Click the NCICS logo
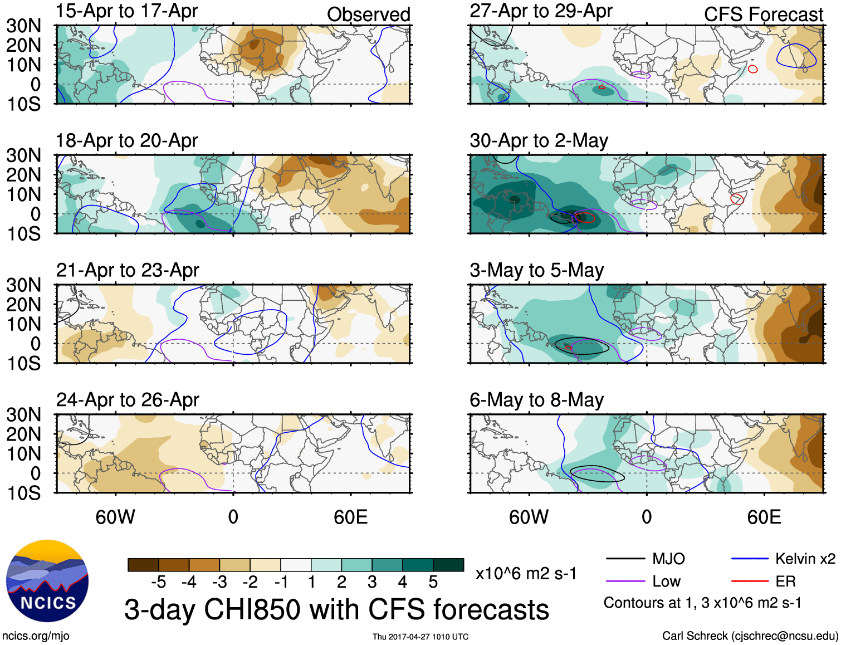tap(47, 581)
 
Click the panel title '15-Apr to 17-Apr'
tap(126, 11)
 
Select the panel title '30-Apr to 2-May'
tap(539, 141)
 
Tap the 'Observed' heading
tap(368, 14)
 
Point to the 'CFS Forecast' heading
tap(763, 14)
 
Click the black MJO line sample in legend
tap(625, 559)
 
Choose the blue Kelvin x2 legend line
tap(750, 559)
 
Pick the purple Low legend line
tap(625, 582)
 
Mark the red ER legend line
tap(750, 582)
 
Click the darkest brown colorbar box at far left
tap(143, 565)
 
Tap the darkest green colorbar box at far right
tap(448, 565)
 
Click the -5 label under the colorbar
tap(158, 583)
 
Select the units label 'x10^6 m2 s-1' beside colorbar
tap(526, 574)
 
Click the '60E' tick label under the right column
tap(764, 517)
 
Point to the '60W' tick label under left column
tap(115, 517)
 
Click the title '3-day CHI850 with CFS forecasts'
tap(336, 609)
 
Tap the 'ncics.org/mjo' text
tap(36, 636)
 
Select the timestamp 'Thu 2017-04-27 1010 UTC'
tap(420, 637)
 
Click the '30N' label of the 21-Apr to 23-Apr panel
tap(23, 285)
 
